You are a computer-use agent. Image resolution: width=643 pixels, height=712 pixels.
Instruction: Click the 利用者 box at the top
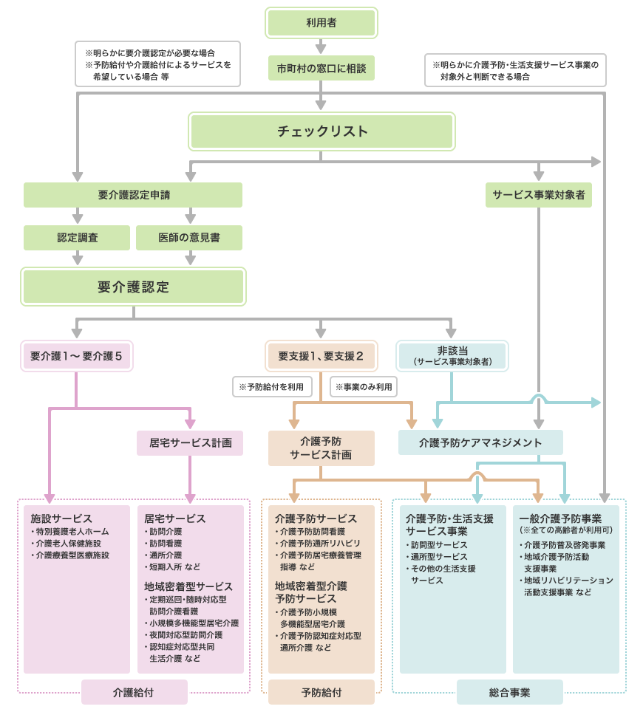point(321,23)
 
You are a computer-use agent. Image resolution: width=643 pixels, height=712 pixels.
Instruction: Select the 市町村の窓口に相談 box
point(321,68)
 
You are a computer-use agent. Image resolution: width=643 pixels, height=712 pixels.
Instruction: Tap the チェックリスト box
point(321,131)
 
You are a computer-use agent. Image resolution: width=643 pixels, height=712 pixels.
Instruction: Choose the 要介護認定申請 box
point(133,195)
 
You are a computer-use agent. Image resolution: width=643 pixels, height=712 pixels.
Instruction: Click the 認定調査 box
point(77,238)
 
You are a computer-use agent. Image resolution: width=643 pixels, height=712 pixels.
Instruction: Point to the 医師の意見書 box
point(189,238)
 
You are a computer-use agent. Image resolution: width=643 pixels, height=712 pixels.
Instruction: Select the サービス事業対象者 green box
point(538,195)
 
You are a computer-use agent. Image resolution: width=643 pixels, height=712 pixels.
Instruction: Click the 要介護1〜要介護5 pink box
point(76,356)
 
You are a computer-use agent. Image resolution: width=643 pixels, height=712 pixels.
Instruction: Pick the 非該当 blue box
point(452,355)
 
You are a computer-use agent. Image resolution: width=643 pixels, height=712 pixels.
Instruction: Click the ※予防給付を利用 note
point(271,386)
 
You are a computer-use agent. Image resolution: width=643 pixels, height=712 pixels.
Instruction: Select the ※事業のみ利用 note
point(364,386)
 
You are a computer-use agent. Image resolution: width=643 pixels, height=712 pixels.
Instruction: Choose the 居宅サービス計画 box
point(190,443)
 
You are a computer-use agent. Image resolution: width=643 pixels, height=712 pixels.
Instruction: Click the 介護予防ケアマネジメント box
point(480,442)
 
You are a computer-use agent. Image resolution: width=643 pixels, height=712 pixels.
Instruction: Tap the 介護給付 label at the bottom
point(134,693)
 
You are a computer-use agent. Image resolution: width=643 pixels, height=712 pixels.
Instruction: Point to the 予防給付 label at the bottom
point(321,693)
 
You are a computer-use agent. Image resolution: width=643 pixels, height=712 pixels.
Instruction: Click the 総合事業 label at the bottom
point(509,693)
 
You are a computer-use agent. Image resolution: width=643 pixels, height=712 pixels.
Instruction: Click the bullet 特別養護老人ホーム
point(72,532)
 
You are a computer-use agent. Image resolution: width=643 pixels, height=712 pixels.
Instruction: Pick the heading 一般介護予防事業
point(560,518)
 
